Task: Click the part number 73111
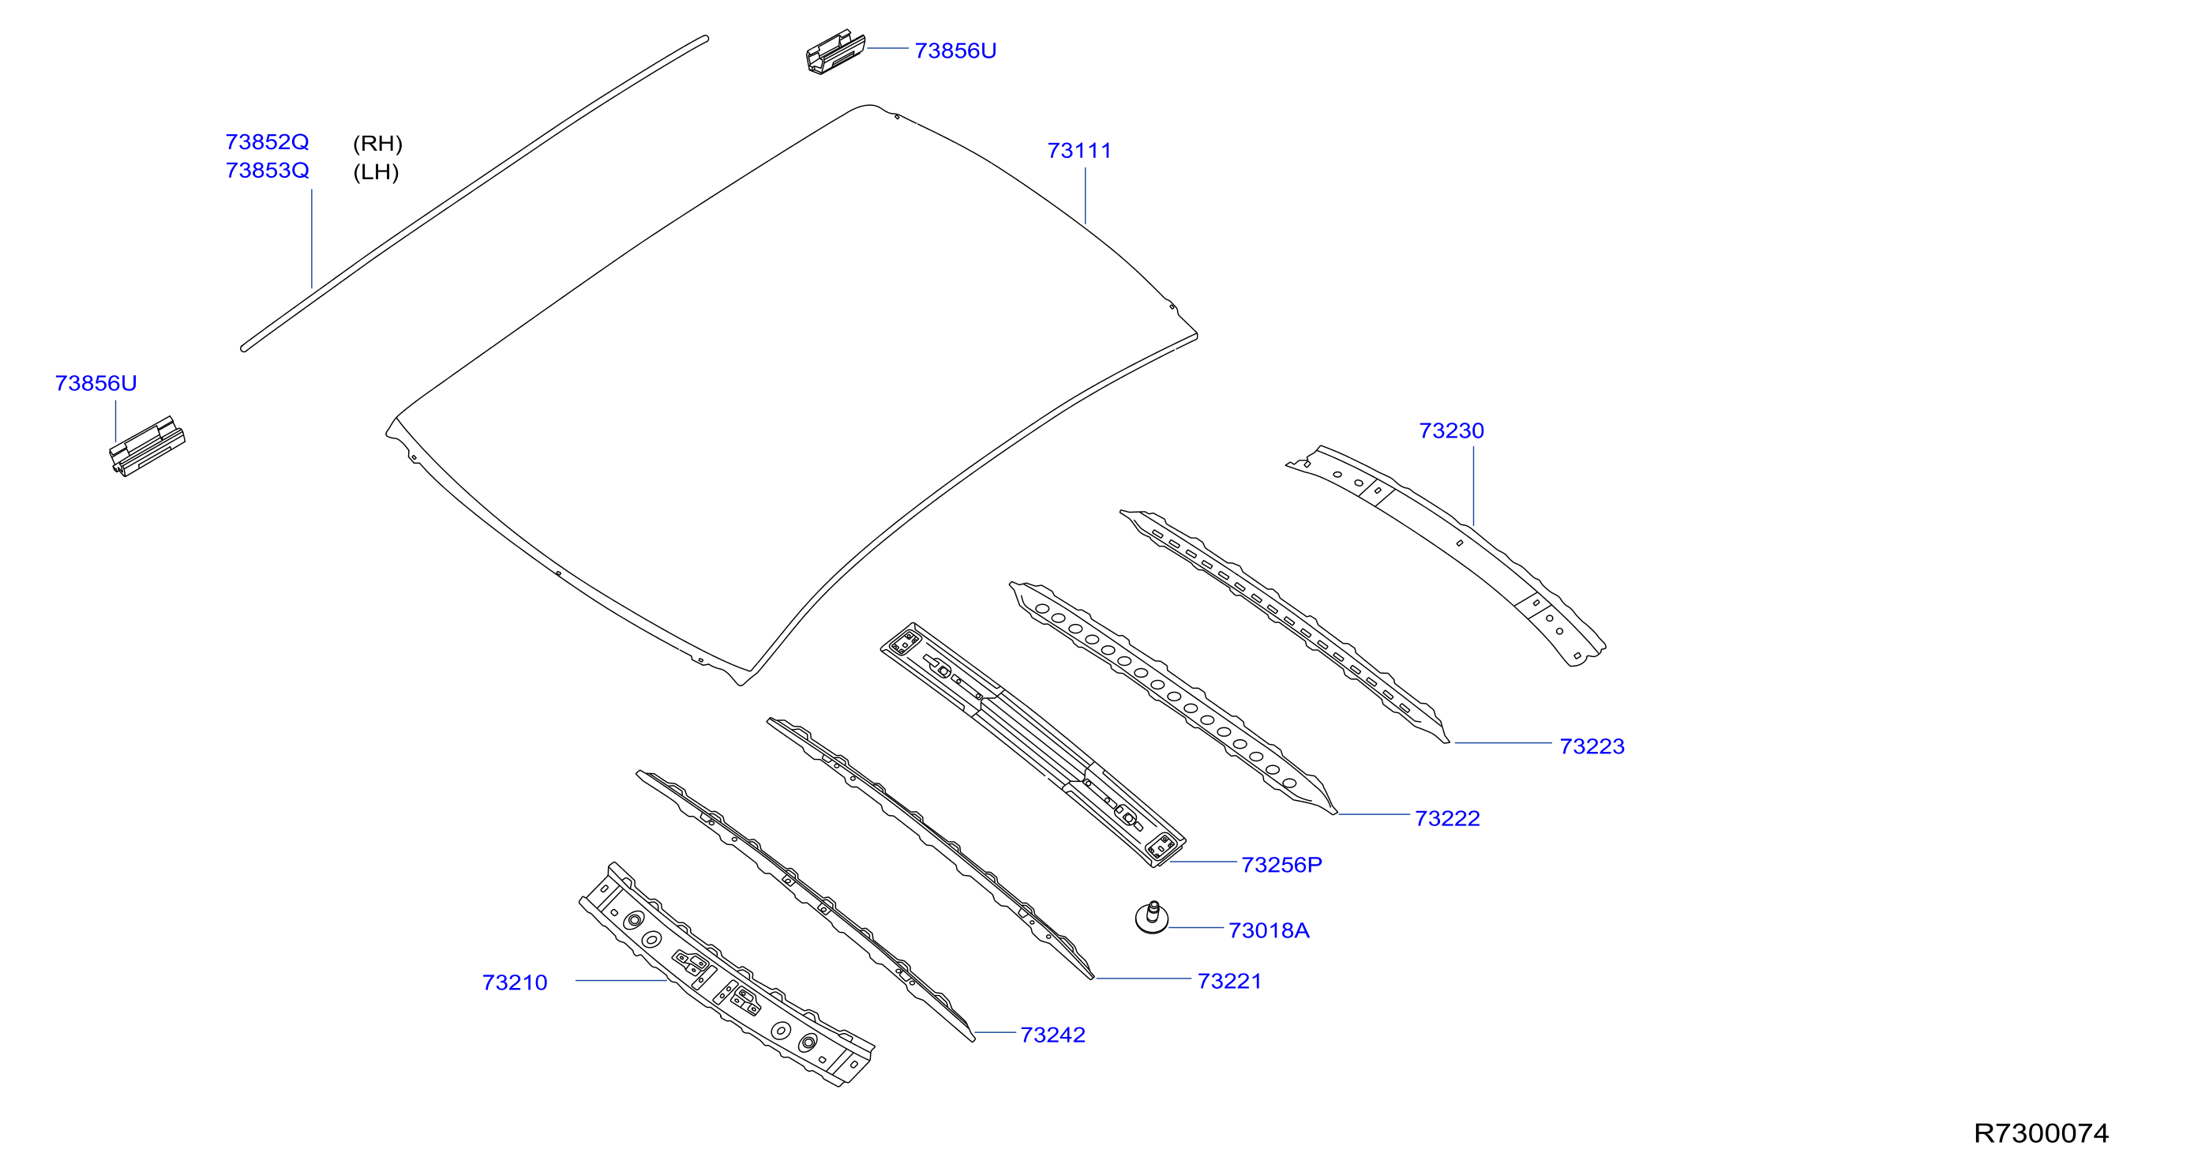(1079, 151)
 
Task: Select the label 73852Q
(267, 141)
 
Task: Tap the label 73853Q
(267, 171)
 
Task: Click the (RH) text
(377, 143)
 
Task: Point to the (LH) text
(376, 172)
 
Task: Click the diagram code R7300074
(2041, 1133)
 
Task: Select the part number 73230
(1451, 431)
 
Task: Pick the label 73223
(1592, 746)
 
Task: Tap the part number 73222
(1447, 818)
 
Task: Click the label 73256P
(1282, 866)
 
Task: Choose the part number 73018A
(1269, 931)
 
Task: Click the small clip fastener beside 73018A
(1152, 918)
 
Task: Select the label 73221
(1229, 981)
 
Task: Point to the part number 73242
(1052, 1035)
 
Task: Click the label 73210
(515, 983)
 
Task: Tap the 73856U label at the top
(955, 51)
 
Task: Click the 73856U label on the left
(96, 383)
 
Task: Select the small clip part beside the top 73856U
(835, 52)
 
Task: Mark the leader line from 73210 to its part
(621, 980)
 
